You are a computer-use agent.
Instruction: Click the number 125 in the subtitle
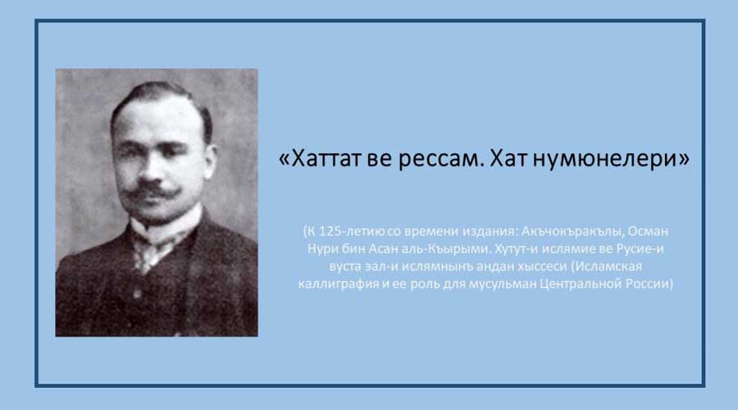[329, 231]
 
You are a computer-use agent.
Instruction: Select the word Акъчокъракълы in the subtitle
[572, 231]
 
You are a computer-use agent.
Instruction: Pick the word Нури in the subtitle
[320, 248]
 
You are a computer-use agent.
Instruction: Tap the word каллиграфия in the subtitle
[339, 284]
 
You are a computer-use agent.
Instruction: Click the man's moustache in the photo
[151, 190]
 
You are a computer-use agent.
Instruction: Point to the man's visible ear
[211, 159]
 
